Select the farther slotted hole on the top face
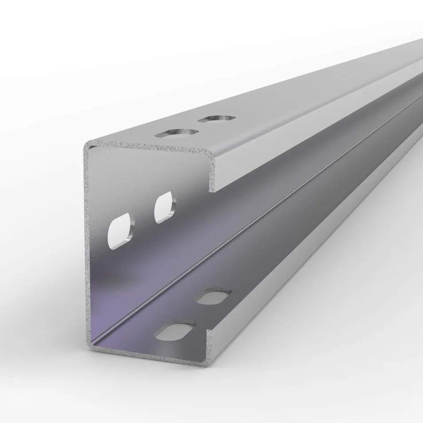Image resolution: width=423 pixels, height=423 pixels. coord(216,118)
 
